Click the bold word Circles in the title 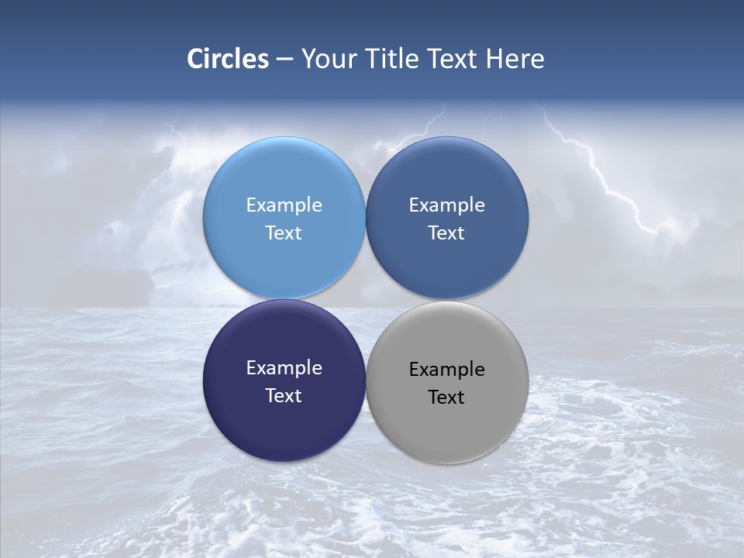(x=228, y=59)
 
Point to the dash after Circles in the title (x=284, y=60)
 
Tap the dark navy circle (x=284, y=422)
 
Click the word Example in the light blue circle (x=284, y=205)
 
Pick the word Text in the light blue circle (x=284, y=232)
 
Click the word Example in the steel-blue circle (x=446, y=205)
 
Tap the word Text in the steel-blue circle (x=446, y=232)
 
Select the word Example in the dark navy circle (x=284, y=367)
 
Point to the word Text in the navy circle (x=284, y=395)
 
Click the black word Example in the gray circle (x=446, y=369)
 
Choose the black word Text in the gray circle (x=446, y=397)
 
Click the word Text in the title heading (x=454, y=59)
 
